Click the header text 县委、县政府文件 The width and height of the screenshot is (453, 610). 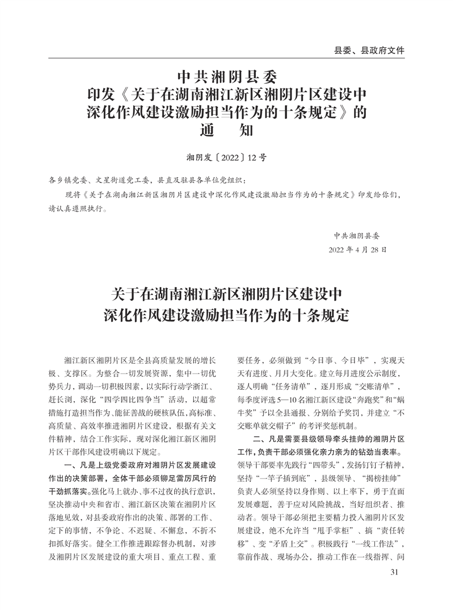point(369,50)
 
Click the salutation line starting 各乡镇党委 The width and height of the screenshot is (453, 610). point(149,181)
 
